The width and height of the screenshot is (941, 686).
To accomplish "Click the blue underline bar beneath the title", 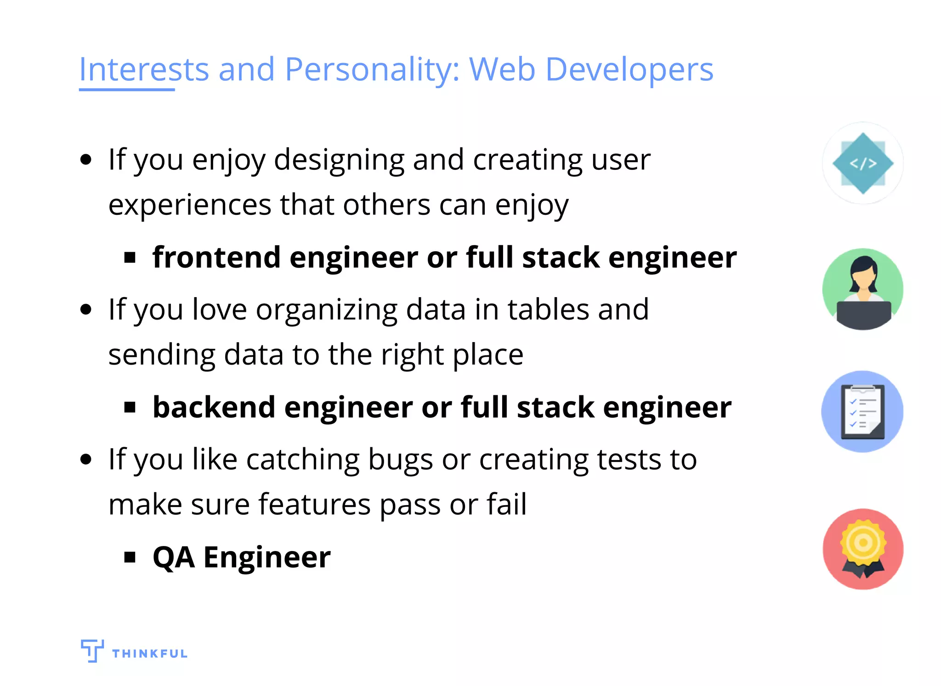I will tap(127, 90).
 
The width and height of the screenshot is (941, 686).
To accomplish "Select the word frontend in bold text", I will tap(216, 257).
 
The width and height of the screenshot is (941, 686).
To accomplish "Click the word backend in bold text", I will tap(214, 407).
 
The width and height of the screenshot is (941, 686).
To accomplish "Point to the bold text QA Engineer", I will tap(241, 557).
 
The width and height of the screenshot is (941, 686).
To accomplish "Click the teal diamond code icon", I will tap(862, 163).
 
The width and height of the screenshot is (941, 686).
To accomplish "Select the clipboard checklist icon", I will tap(862, 412).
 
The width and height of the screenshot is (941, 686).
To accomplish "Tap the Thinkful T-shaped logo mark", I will tap(92, 650).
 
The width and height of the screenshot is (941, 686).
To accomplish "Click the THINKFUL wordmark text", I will tap(150, 653).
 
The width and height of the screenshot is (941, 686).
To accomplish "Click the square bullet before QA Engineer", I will tap(130, 557).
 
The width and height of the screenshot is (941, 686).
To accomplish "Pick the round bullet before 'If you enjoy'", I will tap(86, 160).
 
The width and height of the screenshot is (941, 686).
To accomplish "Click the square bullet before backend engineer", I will tap(130, 407).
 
